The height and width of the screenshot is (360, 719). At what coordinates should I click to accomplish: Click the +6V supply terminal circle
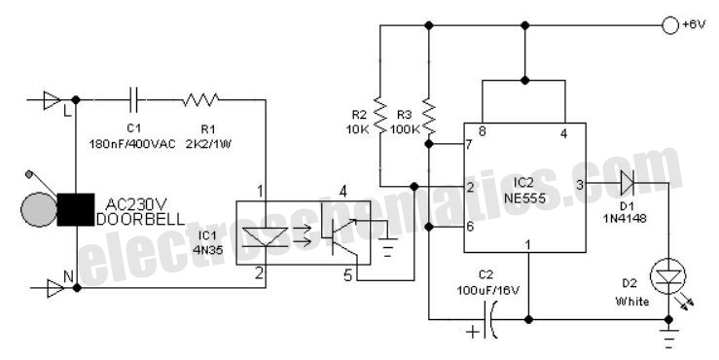(x=669, y=25)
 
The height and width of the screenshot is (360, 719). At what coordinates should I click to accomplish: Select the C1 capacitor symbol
(x=135, y=99)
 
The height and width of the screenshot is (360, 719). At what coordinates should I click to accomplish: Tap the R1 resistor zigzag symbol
(x=200, y=99)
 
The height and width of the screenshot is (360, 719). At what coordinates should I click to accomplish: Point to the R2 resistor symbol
(x=379, y=113)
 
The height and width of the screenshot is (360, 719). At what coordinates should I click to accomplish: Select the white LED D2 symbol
(x=668, y=276)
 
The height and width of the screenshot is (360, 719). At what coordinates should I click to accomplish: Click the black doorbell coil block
(x=75, y=209)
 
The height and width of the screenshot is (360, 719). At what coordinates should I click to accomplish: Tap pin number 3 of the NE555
(x=580, y=185)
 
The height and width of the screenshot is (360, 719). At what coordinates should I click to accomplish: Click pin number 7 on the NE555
(x=468, y=145)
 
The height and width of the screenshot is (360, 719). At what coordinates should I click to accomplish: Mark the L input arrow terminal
(x=51, y=100)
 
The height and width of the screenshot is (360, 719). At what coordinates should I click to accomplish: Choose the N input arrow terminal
(x=54, y=288)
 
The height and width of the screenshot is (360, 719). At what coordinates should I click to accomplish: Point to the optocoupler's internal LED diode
(x=264, y=237)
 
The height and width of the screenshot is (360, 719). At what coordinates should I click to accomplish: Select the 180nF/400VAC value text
(x=132, y=144)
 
